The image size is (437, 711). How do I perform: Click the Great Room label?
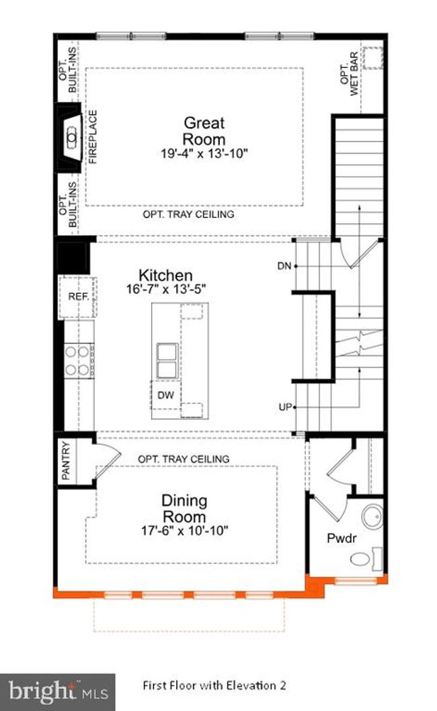tap(204, 130)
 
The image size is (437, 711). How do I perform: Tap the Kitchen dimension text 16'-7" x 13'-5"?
tap(166, 289)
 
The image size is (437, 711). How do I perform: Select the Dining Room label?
tap(184, 508)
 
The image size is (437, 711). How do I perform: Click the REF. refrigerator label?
tap(79, 296)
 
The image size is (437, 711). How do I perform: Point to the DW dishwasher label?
tap(165, 395)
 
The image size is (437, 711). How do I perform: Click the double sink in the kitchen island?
tap(167, 361)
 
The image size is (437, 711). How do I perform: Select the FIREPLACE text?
tap(93, 136)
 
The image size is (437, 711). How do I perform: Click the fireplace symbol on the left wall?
tap(69, 137)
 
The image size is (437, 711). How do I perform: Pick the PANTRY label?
tap(67, 460)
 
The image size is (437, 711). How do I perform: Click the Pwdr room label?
tap(342, 538)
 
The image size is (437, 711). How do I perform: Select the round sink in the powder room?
tap(372, 517)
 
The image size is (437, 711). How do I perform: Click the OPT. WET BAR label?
tap(350, 75)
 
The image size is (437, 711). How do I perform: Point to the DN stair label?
tap(284, 265)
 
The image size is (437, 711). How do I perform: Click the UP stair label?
tap(285, 407)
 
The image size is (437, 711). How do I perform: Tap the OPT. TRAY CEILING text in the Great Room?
tap(188, 214)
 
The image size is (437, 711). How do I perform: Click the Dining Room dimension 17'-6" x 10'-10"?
tap(184, 530)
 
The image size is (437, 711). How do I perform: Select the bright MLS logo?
tap(58, 692)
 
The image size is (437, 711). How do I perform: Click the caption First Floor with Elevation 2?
tap(214, 685)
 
